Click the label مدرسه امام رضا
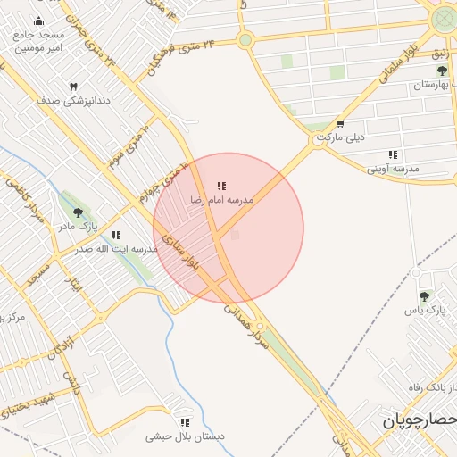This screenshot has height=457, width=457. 221,201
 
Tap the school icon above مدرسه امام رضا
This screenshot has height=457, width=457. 220,187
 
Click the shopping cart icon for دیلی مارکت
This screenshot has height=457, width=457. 339,125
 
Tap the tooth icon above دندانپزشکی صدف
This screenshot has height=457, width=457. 73,87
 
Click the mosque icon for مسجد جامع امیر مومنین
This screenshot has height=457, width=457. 37,21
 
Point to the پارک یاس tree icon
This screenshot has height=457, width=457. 424,295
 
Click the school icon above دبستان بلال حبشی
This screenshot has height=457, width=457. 184,422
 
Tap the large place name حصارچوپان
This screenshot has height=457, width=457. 420,420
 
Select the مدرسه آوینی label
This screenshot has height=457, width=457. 394,168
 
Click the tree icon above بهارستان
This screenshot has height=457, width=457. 441,71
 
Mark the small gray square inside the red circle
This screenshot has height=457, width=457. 235,236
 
